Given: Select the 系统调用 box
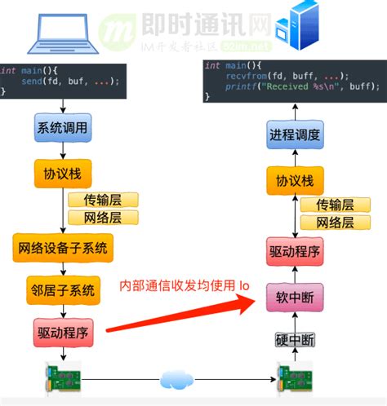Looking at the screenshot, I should click(62, 128).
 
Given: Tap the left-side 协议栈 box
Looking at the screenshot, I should click(62, 173).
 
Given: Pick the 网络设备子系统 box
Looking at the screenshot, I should click(62, 246).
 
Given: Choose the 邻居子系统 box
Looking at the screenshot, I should click(62, 289).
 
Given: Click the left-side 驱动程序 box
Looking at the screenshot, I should click(62, 332).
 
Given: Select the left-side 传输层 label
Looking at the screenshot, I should click(103, 200).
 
